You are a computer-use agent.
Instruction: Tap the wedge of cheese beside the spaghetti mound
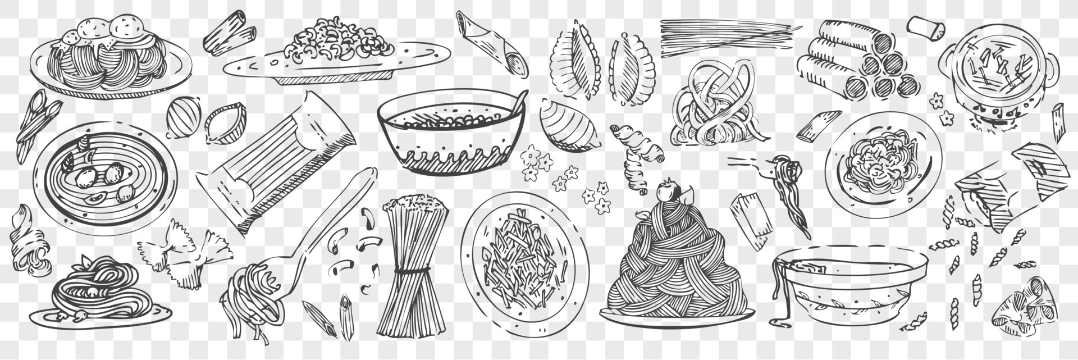pos(750,219)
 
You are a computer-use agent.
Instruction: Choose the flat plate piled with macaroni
pos(337,51)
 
